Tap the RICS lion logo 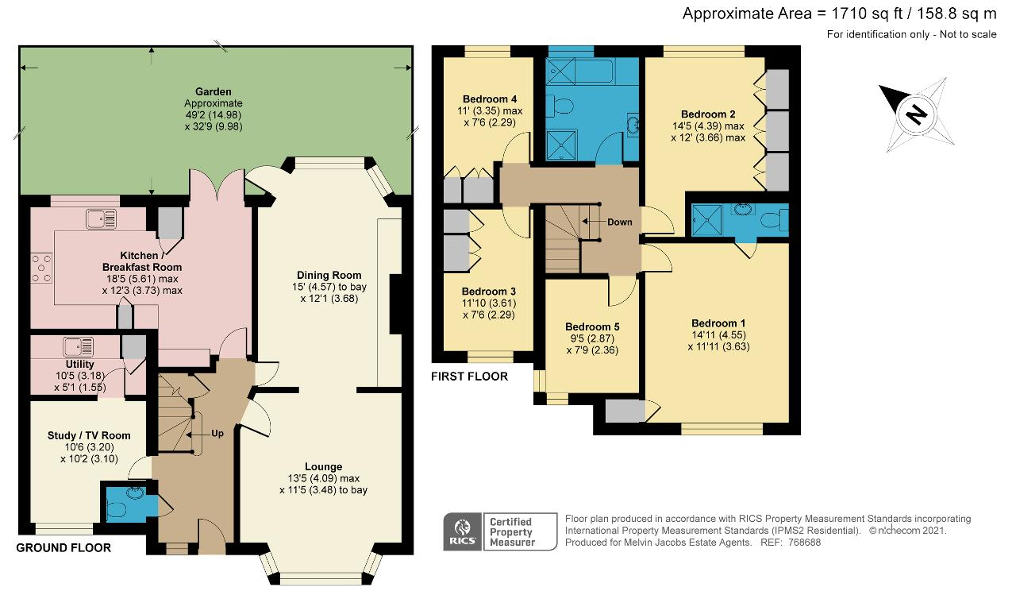pos(461,531)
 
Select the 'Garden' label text pos(214,91)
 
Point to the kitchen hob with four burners pos(42,268)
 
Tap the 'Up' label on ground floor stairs pos(217,435)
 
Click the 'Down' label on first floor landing pos(619,222)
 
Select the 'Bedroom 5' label pos(592,326)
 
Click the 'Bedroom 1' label pos(718,323)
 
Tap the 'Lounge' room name pos(323,466)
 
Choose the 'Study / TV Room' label pos(89,435)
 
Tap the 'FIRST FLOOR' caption pos(469,377)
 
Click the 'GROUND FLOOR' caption pos(63,548)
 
